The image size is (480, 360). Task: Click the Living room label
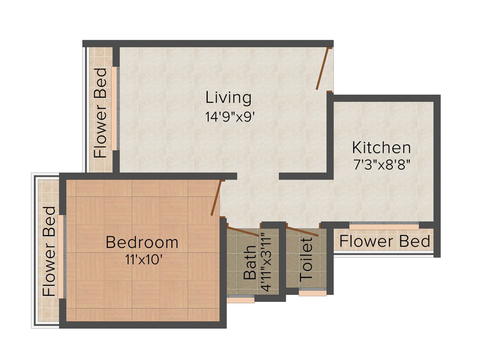tap(228, 98)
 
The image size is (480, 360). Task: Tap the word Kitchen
tap(382, 148)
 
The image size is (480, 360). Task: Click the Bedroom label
tap(142, 242)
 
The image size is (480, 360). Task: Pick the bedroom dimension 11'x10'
tap(143, 259)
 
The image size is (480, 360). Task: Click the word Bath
tap(250, 262)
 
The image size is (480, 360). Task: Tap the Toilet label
tap(306, 259)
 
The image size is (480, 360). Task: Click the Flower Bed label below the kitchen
tap(384, 241)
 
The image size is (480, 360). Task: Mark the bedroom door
tap(216, 198)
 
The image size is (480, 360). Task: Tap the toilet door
tap(303, 231)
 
